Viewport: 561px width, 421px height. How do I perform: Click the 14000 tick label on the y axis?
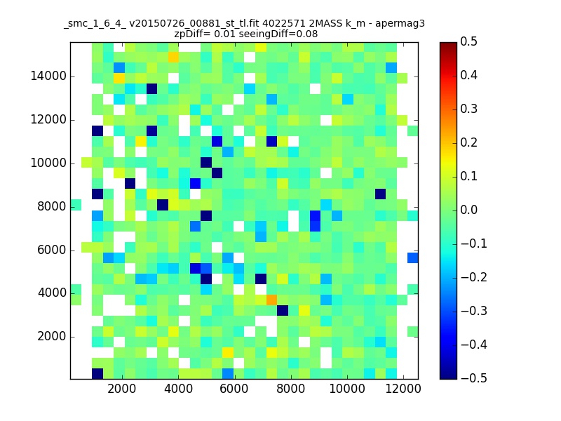point(48,76)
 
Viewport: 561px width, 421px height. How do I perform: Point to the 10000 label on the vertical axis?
point(48,163)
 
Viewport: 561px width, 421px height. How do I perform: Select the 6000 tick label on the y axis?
point(51,250)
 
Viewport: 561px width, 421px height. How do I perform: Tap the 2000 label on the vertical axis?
point(51,337)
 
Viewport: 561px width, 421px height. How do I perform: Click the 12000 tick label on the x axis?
point(403,389)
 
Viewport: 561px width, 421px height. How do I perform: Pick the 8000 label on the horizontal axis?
point(291,389)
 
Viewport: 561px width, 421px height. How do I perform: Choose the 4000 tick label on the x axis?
point(178,389)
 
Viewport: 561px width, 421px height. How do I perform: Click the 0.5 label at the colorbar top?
point(468,41)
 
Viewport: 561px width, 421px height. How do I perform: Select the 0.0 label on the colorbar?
point(468,210)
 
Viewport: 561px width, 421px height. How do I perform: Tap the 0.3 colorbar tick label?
point(468,109)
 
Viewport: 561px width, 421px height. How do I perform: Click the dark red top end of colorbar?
point(448,44)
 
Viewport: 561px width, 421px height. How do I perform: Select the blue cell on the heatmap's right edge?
point(413,258)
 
